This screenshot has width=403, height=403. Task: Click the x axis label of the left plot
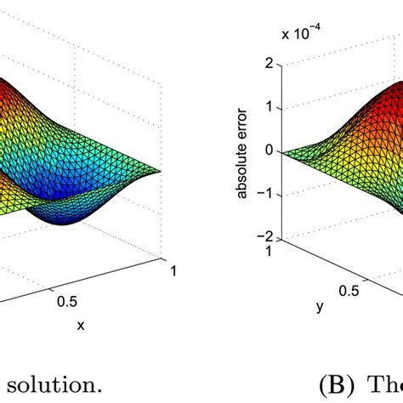(x=77, y=324)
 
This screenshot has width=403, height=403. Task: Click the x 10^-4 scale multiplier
(x=298, y=35)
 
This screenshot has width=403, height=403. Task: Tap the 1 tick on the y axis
(x=271, y=252)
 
